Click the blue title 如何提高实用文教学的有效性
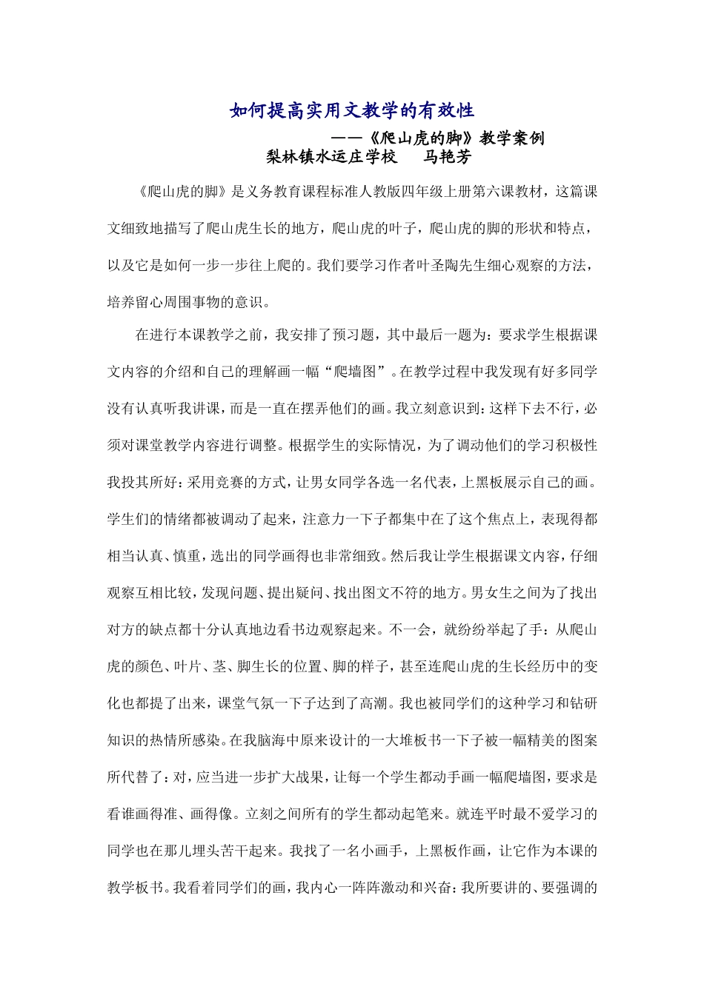pyautogui.click(x=352, y=111)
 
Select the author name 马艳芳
pyautogui.click(x=447, y=157)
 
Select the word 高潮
pyautogui.click(x=378, y=703)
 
